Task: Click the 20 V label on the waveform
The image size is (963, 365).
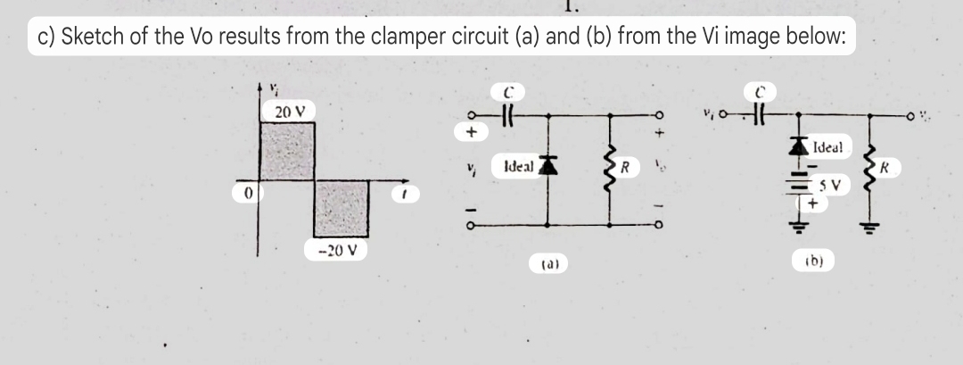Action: coord(289,112)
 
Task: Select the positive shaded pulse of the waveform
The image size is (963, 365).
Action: coord(288,150)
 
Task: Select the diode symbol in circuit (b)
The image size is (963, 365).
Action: coord(796,145)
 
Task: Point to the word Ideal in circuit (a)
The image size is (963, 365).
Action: coord(519,166)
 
